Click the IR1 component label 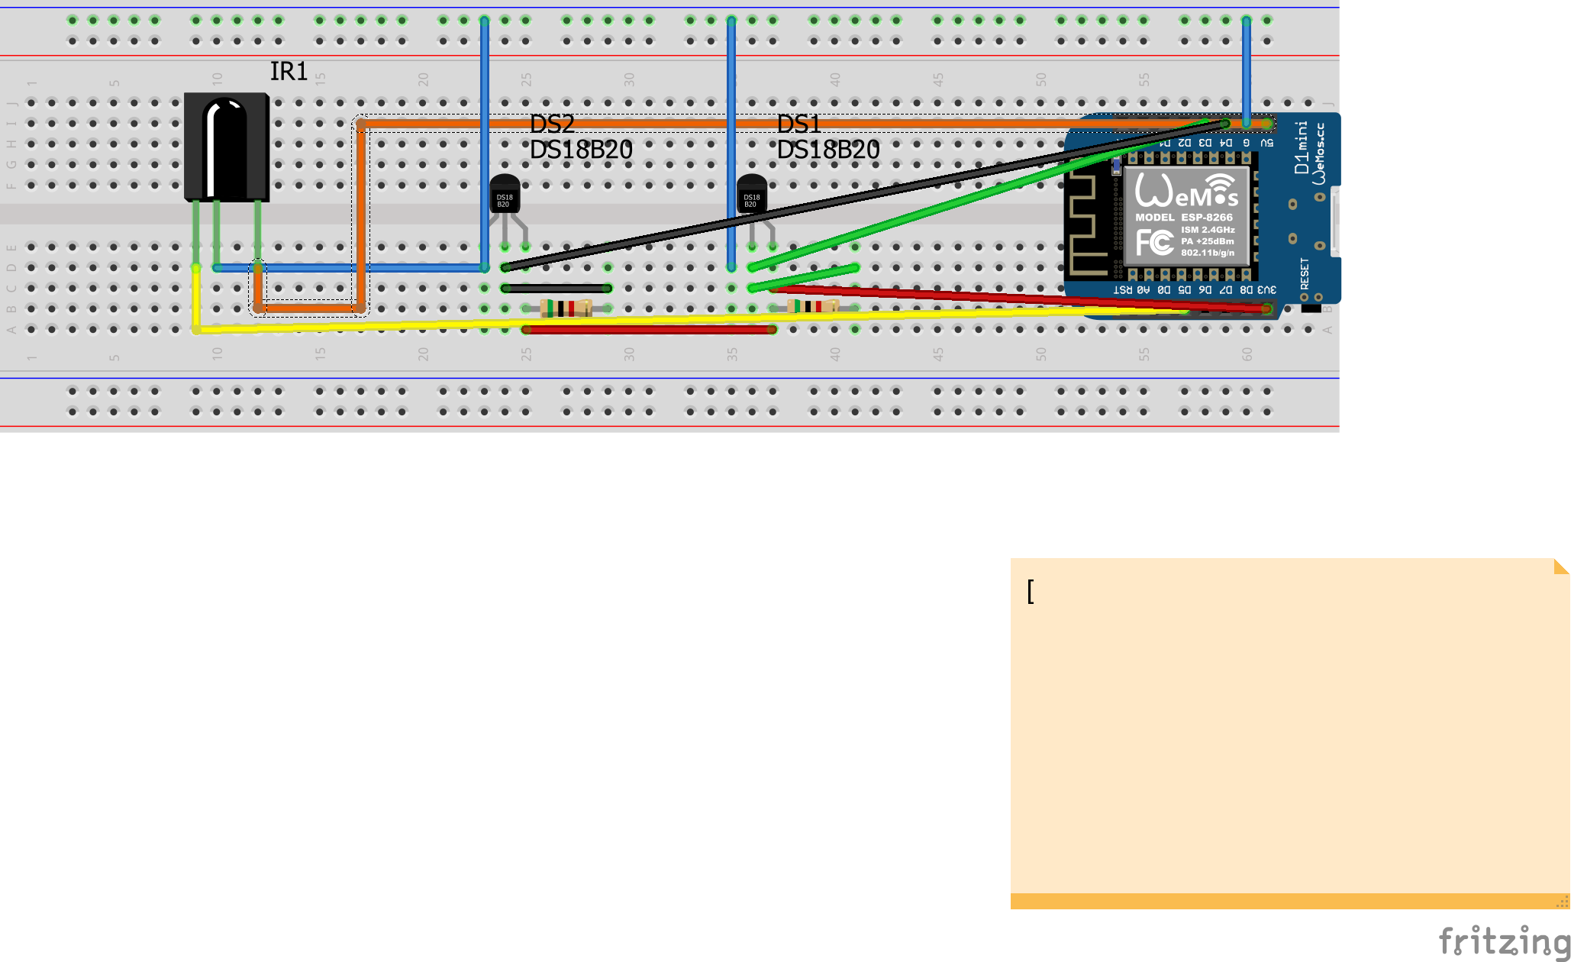(288, 71)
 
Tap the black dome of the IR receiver (226, 145)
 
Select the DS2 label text (552, 124)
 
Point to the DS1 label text (798, 124)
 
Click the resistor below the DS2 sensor (566, 308)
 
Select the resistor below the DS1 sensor (812, 306)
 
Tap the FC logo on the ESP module (1154, 243)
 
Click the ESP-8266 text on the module (1207, 218)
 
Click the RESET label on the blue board (1305, 273)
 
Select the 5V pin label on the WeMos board (1266, 143)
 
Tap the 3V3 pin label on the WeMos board (1266, 290)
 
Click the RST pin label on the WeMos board (1122, 290)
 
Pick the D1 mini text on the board (1302, 147)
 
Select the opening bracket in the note (1031, 591)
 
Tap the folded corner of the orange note (1561, 566)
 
